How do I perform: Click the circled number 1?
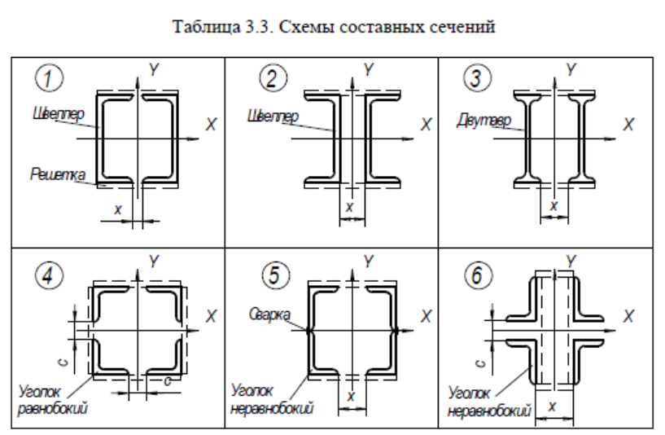tap(49, 78)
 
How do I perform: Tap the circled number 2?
tap(273, 77)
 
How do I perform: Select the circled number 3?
tap(477, 77)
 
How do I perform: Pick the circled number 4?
tap(49, 275)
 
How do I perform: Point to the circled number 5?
tap(276, 275)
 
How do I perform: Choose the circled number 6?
tap(478, 275)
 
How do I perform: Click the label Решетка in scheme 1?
tap(58, 174)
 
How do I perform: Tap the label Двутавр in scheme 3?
tap(484, 121)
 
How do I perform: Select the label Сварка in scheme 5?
tap(269, 314)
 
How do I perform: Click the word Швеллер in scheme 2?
tap(273, 116)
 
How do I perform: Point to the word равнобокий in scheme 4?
tap(53, 408)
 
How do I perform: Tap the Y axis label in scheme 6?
tap(571, 261)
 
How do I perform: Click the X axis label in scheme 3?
tap(628, 125)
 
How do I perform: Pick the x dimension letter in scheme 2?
tap(349, 207)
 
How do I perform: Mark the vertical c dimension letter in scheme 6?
tap(480, 363)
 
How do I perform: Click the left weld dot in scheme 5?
tap(308, 330)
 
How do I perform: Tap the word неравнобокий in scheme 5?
tap(272, 408)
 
